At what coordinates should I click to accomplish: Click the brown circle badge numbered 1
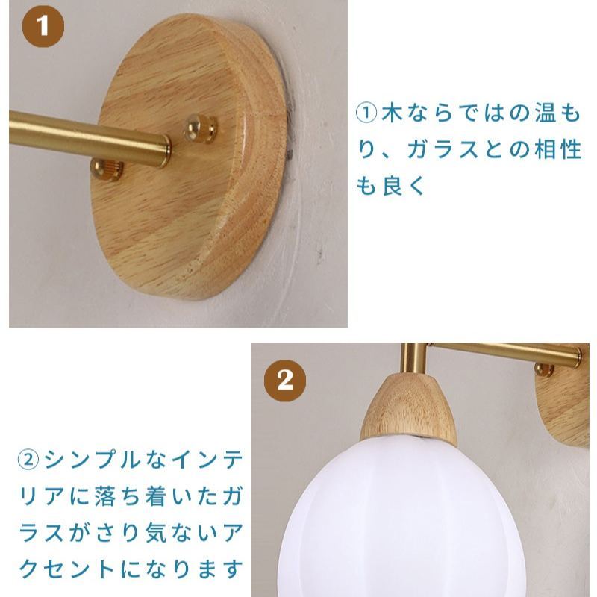[x=43, y=27]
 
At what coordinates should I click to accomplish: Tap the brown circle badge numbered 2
[x=285, y=381]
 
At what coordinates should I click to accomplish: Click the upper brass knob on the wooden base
[x=200, y=129]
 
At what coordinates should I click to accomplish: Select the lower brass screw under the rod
[x=107, y=169]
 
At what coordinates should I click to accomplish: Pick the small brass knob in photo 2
[x=545, y=369]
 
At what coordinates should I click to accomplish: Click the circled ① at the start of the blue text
[x=366, y=114]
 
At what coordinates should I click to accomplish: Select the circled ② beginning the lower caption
[x=29, y=460]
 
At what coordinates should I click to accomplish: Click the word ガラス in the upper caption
[x=443, y=149]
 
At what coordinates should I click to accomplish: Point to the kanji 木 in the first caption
[x=392, y=113]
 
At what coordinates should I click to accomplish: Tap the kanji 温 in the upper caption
[x=545, y=113]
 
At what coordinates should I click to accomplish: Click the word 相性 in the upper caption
[x=557, y=149]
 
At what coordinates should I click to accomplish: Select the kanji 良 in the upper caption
[x=393, y=185]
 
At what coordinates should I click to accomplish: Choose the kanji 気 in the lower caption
[x=157, y=532]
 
